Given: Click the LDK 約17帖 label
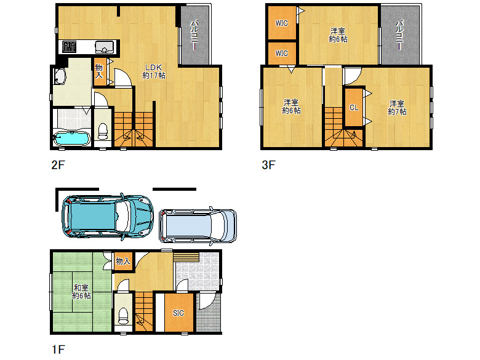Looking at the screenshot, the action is [x=154, y=71].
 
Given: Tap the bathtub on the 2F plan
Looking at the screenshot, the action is [x=71, y=138].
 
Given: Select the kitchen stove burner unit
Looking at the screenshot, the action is [x=69, y=47].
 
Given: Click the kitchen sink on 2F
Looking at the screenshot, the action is [x=105, y=47].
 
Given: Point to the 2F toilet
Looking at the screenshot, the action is [x=103, y=132].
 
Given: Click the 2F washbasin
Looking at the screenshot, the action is [x=60, y=76].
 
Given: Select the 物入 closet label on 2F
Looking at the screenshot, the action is [x=99, y=71].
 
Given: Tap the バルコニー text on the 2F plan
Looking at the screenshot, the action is [x=194, y=35].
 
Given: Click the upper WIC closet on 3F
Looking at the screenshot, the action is [x=282, y=23].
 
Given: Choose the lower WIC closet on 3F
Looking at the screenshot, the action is [x=282, y=54].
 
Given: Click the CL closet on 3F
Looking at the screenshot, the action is [x=354, y=108].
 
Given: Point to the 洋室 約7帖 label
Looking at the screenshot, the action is [x=397, y=108].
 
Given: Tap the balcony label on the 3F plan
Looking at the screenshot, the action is [x=399, y=35].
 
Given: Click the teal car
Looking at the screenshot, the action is [x=108, y=217].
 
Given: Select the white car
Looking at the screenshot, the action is [x=198, y=226].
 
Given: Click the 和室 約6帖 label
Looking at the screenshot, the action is [x=81, y=292].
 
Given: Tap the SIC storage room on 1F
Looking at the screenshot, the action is [x=179, y=313].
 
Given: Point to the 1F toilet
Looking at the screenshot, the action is [x=123, y=316].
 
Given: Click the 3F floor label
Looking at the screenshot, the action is [x=268, y=165].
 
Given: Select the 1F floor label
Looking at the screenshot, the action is [x=58, y=350].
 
